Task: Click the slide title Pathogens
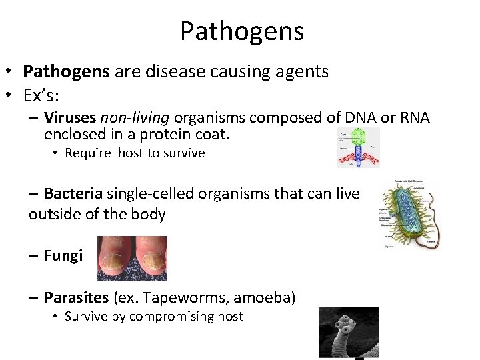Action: click(241, 31)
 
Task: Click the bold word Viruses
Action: click(70, 118)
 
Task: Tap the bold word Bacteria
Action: click(73, 194)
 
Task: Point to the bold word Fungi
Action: click(63, 255)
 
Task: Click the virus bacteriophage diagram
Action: click(357, 148)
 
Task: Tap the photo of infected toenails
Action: click(132, 258)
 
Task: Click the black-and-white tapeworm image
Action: click(348, 332)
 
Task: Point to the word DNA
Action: click(358, 118)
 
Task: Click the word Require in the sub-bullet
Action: click(88, 153)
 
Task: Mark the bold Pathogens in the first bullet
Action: click(66, 71)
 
